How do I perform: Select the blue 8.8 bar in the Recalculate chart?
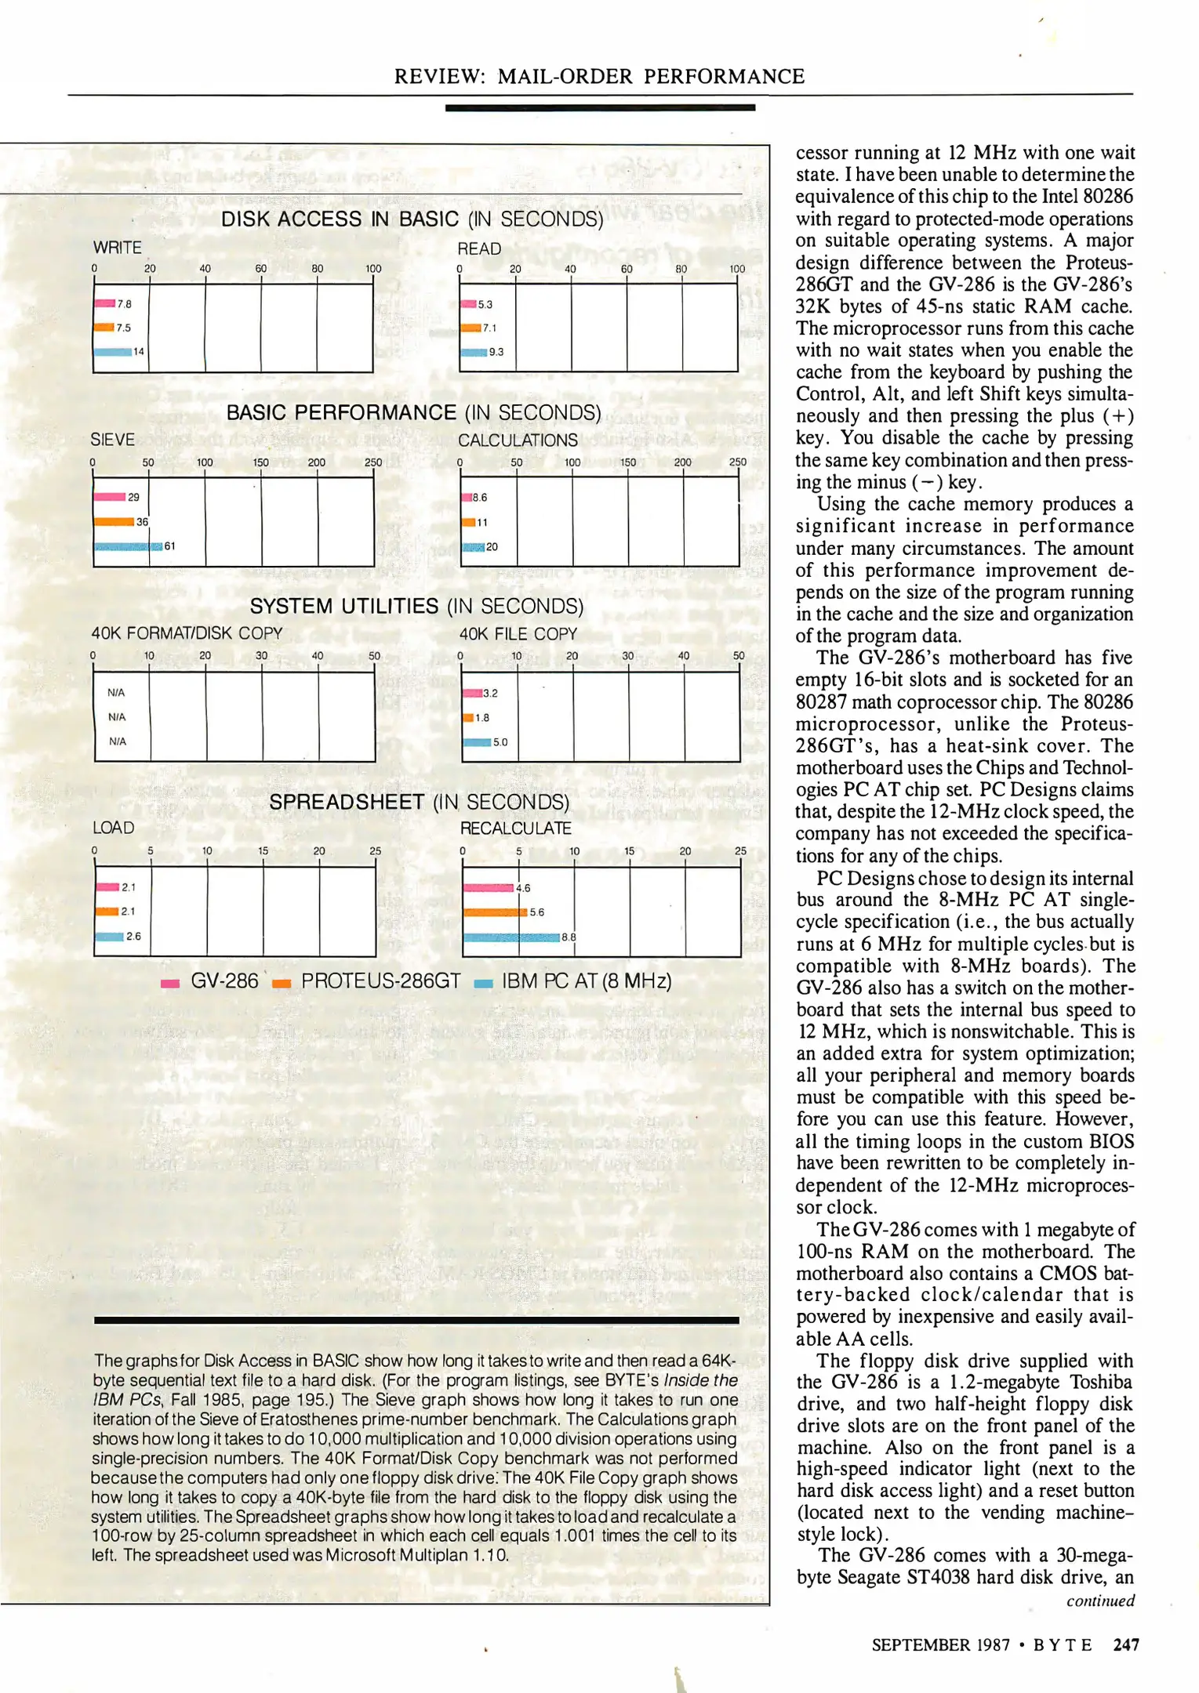coord(511,937)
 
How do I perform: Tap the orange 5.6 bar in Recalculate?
coord(495,912)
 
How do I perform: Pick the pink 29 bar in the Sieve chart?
coord(110,497)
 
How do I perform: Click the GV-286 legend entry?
coord(209,981)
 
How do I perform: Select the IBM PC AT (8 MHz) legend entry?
coord(573,981)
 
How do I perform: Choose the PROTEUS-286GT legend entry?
coord(366,981)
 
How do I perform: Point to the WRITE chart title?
coord(118,248)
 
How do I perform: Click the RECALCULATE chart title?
coord(515,828)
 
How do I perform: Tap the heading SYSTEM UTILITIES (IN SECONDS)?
coord(416,606)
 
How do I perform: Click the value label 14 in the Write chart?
coord(139,352)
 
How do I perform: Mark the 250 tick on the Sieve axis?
coord(373,462)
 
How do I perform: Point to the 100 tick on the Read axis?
coord(737,269)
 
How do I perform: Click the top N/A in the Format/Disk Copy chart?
coord(116,693)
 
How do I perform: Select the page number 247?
coord(1126,1645)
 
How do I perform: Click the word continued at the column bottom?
coord(1100,1601)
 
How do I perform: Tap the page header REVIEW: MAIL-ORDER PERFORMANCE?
coord(599,77)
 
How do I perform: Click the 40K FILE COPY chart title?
coord(518,634)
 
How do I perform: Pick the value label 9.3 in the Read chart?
coord(496,352)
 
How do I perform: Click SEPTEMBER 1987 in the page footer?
coord(940,1645)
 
